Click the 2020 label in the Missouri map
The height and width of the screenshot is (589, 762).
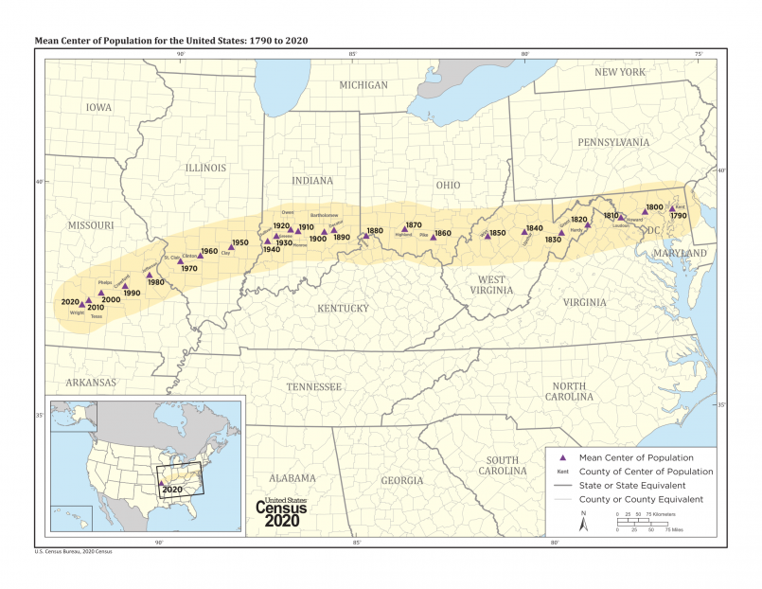click(x=70, y=301)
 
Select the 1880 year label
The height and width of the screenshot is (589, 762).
click(x=375, y=231)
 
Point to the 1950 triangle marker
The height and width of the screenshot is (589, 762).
click(x=230, y=247)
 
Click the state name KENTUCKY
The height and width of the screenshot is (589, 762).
click(x=343, y=308)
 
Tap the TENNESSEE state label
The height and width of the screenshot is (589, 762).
click(x=314, y=386)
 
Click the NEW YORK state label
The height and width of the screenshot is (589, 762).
click(x=619, y=72)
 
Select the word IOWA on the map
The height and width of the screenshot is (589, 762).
click(x=98, y=107)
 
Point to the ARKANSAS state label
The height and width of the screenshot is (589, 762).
click(x=91, y=383)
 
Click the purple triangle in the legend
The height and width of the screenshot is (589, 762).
click(x=561, y=457)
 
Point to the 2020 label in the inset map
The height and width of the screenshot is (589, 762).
click(x=171, y=489)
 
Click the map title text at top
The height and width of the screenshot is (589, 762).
click(x=170, y=42)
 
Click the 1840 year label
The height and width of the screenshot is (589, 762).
click(x=534, y=228)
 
